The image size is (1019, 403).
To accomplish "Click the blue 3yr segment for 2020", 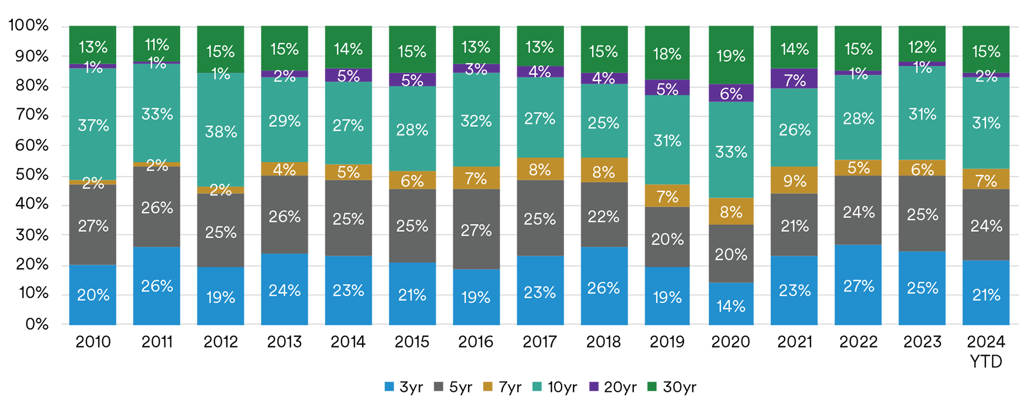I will pyautogui.click(x=731, y=304).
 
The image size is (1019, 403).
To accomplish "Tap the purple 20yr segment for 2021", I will pyautogui.click(x=794, y=78).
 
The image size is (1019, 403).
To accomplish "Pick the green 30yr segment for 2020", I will pyautogui.click(x=731, y=55).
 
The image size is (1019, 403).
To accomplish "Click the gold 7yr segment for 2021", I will pyautogui.click(x=794, y=180).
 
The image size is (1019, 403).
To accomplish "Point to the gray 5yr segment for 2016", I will pyautogui.click(x=476, y=229).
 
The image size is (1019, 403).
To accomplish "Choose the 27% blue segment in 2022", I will pyautogui.click(x=858, y=285).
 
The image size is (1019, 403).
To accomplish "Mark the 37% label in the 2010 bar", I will pyautogui.click(x=93, y=126).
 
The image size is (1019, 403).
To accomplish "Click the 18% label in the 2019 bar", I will pyautogui.click(x=667, y=54).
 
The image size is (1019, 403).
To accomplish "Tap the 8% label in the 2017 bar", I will pyautogui.click(x=540, y=170).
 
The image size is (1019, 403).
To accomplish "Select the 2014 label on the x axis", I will pyautogui.click(x=348, y=342).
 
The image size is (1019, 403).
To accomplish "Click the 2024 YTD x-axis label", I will pyautogui.click(x=986, y=351).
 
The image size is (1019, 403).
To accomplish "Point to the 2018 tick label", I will pyautogui.click(x=604, y=342).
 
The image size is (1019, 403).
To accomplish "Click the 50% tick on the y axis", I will pyautogui.click(x=32, y=174).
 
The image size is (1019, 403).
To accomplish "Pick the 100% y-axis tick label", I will pyautogui.click(x=29, y=25).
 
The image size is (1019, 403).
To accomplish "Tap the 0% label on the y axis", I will pyautogui.click(x=37, y=324).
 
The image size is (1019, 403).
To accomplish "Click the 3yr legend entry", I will pyautogui.click(x=404, y=387).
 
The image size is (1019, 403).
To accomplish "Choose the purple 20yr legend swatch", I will pyautogui.click(x=594, y=387).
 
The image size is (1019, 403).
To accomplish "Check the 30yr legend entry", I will pyautogui.click(x=672, y=387).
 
